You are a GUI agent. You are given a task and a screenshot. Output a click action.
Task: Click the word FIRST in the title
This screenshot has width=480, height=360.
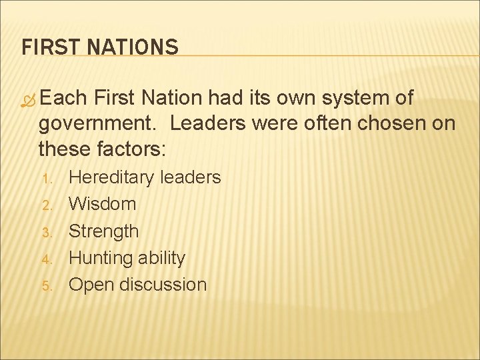click(x=43, y=47)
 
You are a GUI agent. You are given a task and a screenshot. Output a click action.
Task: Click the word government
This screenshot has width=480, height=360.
click(x=98, y=124)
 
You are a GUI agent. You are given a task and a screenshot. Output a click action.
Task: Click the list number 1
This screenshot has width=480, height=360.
click(x=47, y=179)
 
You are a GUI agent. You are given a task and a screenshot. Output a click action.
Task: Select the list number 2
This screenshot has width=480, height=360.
click(x=47, y=205)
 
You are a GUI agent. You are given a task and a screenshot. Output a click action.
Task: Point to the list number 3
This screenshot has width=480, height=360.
click(x=47, y=232)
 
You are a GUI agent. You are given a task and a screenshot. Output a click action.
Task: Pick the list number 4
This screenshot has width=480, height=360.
click(x=47, y=259)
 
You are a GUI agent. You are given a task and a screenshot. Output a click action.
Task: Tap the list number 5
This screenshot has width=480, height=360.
click(x=47, y=285)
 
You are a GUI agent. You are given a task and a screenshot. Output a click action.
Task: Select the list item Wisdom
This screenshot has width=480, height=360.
click(x=103, y=204)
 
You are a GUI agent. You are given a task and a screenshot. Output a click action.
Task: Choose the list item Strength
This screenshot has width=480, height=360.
click(x=104, y=231)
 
